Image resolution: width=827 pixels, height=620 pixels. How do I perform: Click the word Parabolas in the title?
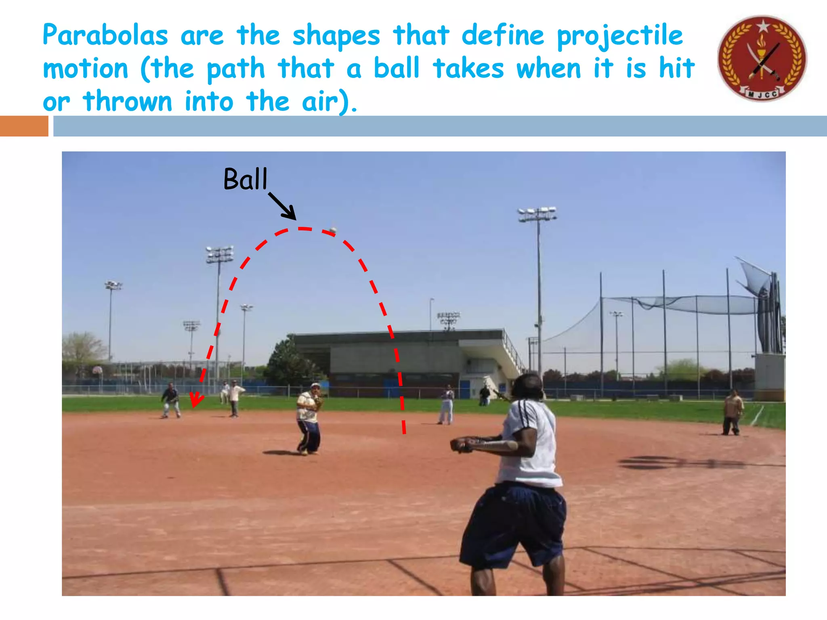tap(105, 36)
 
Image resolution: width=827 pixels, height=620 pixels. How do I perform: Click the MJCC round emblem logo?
tap(762, 59)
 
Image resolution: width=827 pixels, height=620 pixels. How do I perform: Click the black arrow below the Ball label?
tap(283, 206)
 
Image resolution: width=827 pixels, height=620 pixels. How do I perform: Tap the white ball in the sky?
tap(333, 230)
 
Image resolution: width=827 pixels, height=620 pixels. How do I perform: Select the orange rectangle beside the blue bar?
tap(24, 126)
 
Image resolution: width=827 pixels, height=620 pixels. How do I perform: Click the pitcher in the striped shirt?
tap(309, 418)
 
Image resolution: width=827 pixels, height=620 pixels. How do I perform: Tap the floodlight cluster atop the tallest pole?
tap(537, 214)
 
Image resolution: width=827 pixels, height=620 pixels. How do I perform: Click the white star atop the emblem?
tap(763, 26)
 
